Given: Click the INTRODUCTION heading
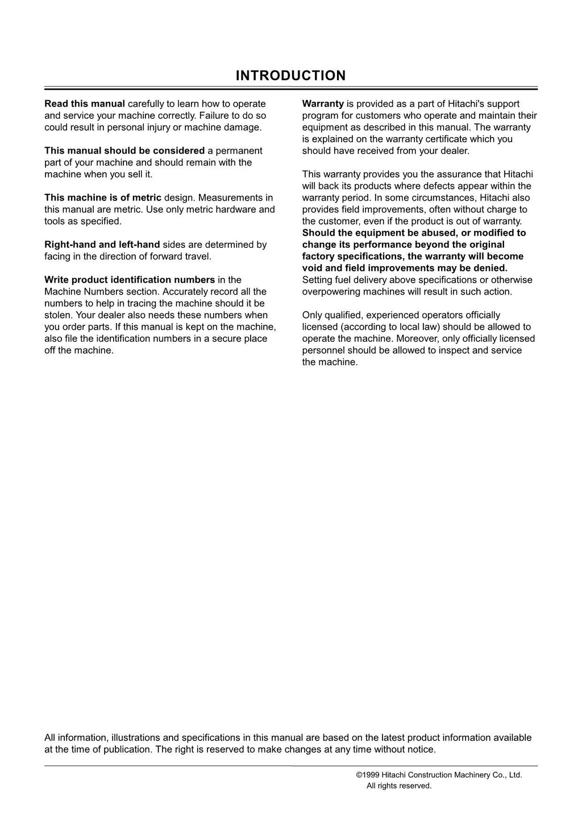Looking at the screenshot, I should coord(290,76).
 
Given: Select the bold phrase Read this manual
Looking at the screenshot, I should coord(85,103).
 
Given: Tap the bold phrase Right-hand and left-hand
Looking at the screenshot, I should coord(102,245).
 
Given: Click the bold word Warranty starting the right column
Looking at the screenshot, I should coord(323,103).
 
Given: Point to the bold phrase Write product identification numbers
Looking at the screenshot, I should coord(130,280).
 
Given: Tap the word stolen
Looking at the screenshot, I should coord(58,315).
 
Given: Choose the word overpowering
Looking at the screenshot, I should coord(330,292).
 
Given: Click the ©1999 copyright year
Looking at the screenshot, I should coord(368,775).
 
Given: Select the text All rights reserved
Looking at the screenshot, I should coord(399,786).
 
